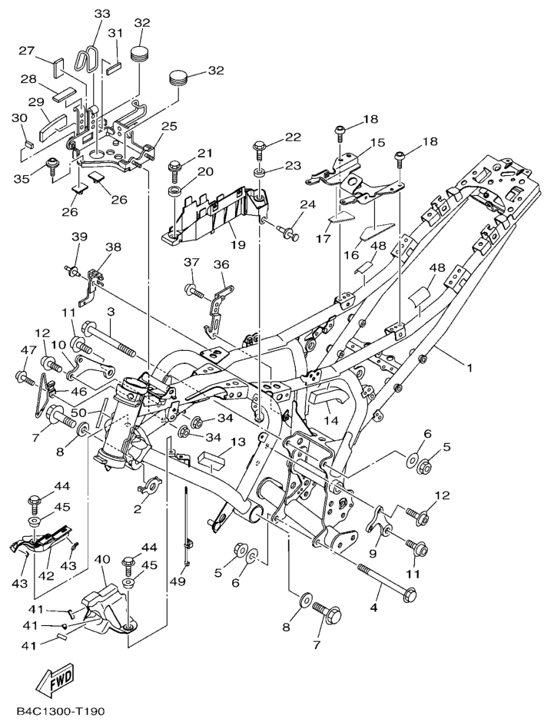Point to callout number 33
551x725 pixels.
(x=102, y=15)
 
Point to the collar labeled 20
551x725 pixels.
(x=174, y=190)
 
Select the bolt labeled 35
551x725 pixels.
(x=54, y=164)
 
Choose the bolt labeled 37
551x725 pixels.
(x=193, y=290)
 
